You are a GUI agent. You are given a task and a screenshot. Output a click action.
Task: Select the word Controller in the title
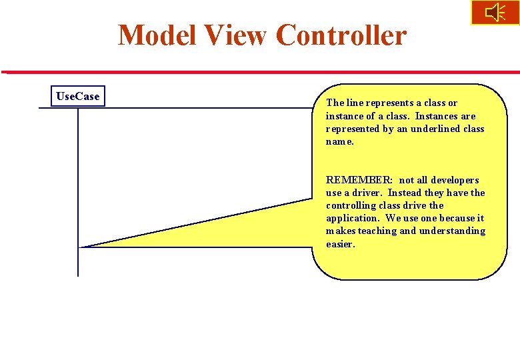341,35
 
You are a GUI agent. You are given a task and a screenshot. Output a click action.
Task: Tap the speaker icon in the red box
495,13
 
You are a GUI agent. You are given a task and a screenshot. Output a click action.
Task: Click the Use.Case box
78,97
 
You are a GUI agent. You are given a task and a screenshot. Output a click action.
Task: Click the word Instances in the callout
436,116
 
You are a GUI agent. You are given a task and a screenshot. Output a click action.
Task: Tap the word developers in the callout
455,180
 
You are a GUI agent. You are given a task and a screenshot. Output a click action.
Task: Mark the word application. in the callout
353,218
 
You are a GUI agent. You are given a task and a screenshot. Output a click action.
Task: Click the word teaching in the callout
377,231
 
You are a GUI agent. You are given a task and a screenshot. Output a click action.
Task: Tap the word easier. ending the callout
341,244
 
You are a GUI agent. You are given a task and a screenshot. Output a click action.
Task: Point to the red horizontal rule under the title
260,72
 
